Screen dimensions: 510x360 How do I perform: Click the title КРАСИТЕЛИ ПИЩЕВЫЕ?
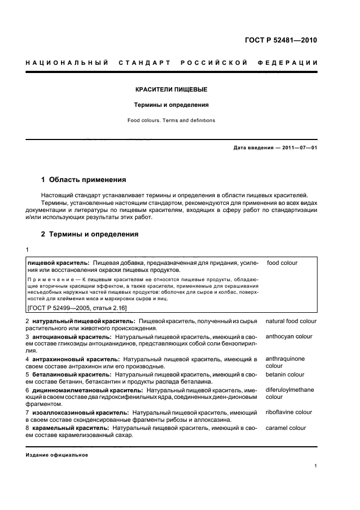pyautogui.click(x=171, y=89)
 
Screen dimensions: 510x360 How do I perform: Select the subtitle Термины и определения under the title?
pyautogui.click(x=171, y=105)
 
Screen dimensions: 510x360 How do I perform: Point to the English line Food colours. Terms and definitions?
pyautogui.click(x=171, y=120)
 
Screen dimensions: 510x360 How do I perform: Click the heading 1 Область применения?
pyautogui.click(x=84, y=179)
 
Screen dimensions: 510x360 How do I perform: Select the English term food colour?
pyautogui.click(x=282, y=263)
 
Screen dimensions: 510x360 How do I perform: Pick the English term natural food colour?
pyautogui.click(x=291, y=321)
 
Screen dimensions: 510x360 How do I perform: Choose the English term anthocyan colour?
pyautogui.click(x=289, y=337)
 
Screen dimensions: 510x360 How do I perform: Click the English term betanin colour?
pyautogui.click(x=285, y=375)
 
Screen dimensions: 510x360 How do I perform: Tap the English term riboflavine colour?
pyautogui.click(x=289, y=412)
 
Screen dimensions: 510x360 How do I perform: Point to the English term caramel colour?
pyautogui.click(x=286, y=428)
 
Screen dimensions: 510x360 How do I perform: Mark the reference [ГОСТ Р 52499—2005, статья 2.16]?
pyautogui.click(x=77, y=308)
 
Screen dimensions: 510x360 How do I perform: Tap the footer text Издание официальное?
pyautogui.click(x=57, y=455)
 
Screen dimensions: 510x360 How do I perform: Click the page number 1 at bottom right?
pyautogui.click(x=315, y=466)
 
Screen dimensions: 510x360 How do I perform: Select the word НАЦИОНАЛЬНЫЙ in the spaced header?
pyautogui.click(x=67, y=63)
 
